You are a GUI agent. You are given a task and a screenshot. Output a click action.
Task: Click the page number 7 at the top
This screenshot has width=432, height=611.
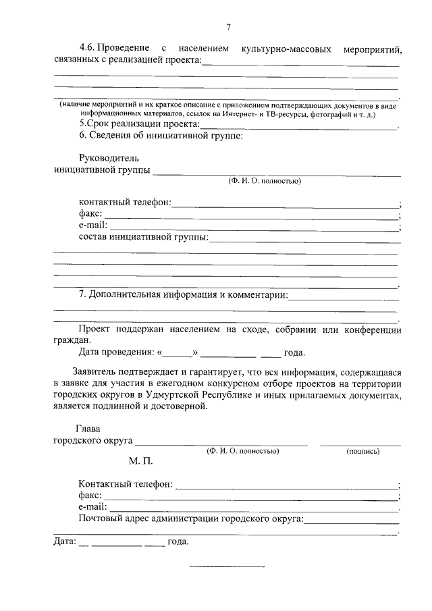point(228,27)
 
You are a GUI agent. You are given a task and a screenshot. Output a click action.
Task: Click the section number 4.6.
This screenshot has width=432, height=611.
point(88,49)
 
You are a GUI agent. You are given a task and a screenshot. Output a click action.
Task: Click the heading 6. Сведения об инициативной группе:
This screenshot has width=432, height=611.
point(161,136)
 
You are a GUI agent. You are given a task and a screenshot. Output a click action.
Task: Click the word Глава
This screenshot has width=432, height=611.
point(88,429)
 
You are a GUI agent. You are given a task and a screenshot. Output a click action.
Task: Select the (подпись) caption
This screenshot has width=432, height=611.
point(362,451)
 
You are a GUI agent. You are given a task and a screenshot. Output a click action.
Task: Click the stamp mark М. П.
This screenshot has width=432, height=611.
point(142,463)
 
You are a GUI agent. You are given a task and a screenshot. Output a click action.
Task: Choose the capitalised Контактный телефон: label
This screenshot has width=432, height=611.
point(126,485)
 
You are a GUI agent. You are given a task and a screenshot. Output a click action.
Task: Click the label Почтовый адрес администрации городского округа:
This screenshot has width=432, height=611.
point(191,519)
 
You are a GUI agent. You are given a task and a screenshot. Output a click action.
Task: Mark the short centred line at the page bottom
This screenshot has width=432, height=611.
point(227,566)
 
